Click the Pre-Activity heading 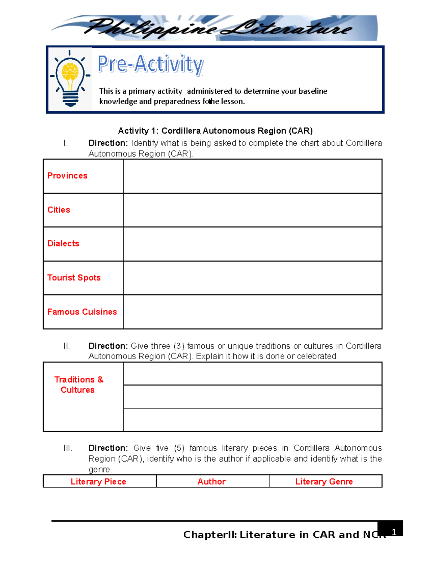[150, 65]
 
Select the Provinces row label [67, 176]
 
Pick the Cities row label [59, 210]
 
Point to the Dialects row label [63, 243]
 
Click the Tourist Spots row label [74, 278]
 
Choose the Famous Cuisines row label [82, 312]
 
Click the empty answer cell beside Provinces [253, 176]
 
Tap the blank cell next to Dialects [253, 244]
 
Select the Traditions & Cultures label [78, 385]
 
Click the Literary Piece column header [99, 482]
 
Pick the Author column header [211, 482]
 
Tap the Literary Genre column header [324, 482]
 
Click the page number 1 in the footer [394, 532]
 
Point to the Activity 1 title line [215, 131]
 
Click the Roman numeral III [68, 448]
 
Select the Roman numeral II [67, 346]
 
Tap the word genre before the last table [100, 470]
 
